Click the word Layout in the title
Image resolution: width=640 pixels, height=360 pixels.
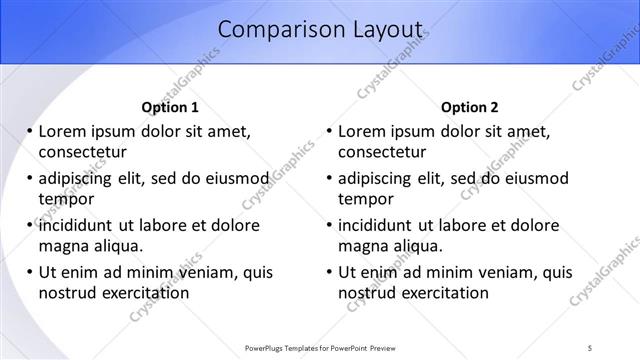tap(384, 31)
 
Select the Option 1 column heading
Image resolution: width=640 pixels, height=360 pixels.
tap(170, 107)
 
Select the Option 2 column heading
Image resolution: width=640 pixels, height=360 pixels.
tap(470, 107)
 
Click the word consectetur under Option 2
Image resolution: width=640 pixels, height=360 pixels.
tap(382, 152)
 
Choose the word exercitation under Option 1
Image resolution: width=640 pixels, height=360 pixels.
tap(143, 293)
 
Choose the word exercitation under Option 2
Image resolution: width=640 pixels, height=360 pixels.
tap(443, 293)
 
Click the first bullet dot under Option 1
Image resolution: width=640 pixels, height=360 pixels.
tap(30, 131)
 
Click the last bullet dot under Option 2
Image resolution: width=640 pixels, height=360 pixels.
tap(330, 272)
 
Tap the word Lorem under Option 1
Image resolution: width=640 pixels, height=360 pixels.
tap(62, 131)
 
